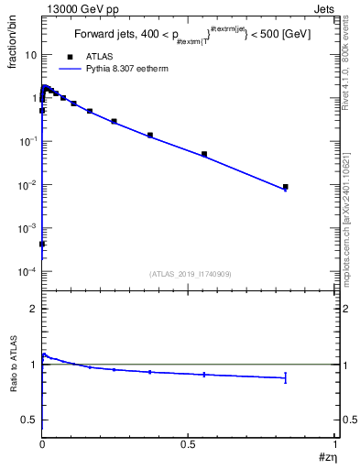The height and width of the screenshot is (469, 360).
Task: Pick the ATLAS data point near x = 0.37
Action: [150, 135]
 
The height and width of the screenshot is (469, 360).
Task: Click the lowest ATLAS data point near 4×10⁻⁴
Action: [42, 245]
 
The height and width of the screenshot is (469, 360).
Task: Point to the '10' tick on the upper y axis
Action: [30, 55]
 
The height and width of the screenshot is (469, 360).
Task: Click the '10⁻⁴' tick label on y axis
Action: [28, 272]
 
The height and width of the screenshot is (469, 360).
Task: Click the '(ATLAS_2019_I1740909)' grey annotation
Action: [189, 274]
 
